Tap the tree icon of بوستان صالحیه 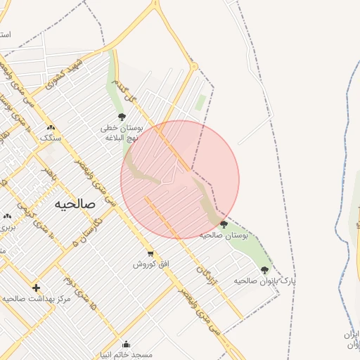224,224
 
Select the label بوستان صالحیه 224,235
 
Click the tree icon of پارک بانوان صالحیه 264,270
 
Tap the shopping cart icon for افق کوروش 150,254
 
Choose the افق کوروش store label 149,264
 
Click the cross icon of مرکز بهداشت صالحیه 36,288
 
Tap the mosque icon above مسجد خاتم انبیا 126,344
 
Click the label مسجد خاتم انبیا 127,354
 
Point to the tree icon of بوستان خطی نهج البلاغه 122,117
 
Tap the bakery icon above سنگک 51,127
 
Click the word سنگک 51,138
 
